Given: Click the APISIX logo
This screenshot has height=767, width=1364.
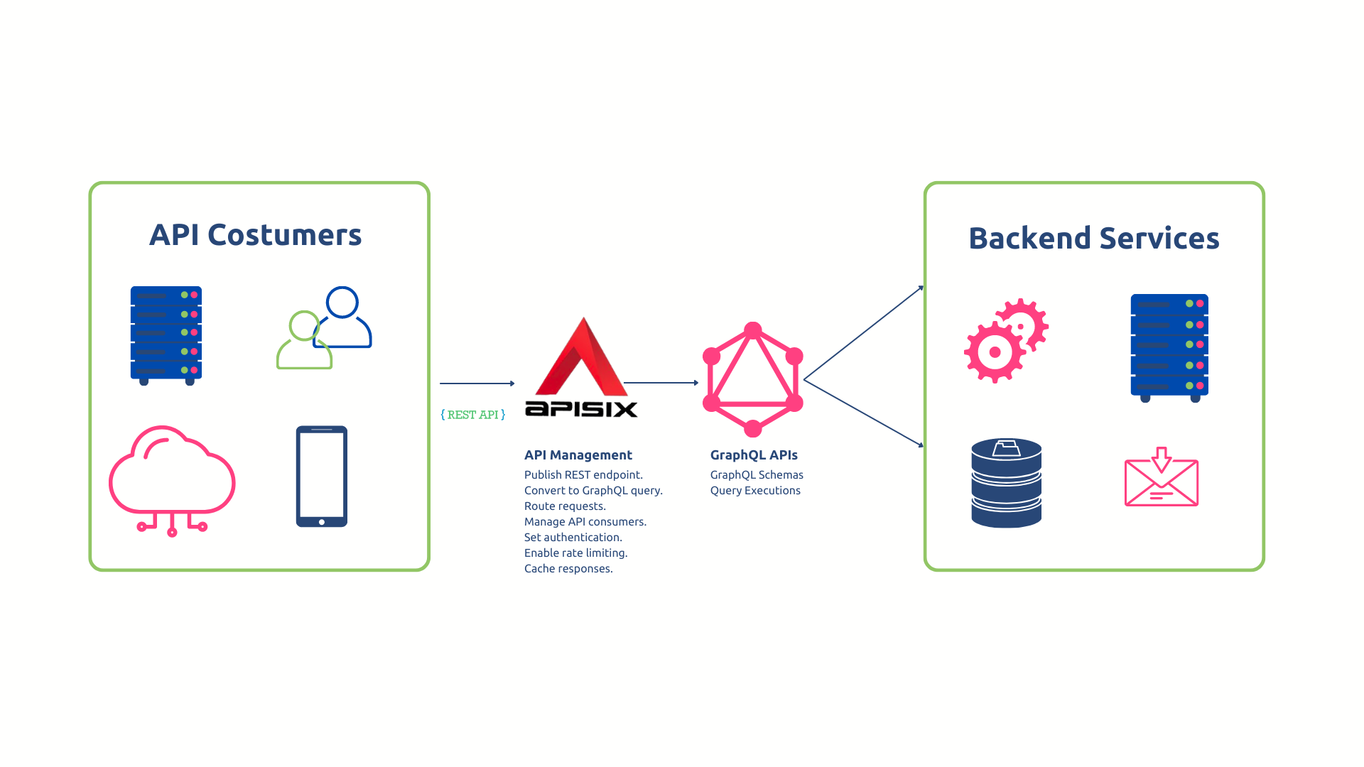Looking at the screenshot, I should click(x=581, y=369).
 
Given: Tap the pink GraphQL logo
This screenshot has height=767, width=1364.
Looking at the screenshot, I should click(x=752, y=380).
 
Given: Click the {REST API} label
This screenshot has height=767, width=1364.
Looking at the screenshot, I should click(x=473, y=415).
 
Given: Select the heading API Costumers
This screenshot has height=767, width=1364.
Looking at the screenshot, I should click(x=256, y=235).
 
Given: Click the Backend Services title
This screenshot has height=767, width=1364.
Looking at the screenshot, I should click(x=1093, y=239).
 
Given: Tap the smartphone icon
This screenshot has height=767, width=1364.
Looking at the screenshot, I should click(x=321, y=477).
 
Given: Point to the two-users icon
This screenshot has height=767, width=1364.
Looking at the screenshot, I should click(x=325, y=327).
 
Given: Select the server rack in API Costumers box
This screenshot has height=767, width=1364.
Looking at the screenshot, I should click(x=166, y=334).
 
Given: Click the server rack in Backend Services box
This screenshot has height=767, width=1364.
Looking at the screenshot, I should click(x=1169, y=347).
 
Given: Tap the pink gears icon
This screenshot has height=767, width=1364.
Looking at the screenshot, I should click(x=1006, y=340).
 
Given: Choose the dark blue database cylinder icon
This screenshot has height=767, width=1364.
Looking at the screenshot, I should click(x=1006, y=483).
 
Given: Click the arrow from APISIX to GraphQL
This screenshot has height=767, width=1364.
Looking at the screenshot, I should click(x=661, y=383).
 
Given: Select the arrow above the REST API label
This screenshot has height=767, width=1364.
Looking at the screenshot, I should click(x=477, y=383).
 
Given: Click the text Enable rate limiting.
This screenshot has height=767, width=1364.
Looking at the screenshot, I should click(x=575, y=553).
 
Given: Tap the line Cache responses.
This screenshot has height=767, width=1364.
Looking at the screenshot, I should click(x=568, y=569).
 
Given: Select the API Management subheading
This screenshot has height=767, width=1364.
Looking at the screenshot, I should click(x=578, y=455).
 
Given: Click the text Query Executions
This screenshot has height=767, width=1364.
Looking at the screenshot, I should click(x=755, y=491).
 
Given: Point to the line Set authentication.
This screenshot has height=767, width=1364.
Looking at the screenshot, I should click(x=573, y=538).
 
